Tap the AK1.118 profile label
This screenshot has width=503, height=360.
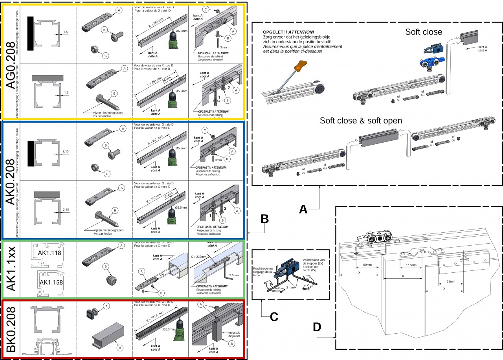[x=50, y=253]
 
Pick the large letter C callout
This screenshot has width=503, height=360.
[x=274, y=316]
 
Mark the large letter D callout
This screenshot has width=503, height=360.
[x=318, y=327]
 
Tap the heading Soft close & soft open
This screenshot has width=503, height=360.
[x=361, y=121]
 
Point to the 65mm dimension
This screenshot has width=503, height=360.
[x=452, y=281]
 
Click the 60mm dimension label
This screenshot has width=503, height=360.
[x=367, y=264]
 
